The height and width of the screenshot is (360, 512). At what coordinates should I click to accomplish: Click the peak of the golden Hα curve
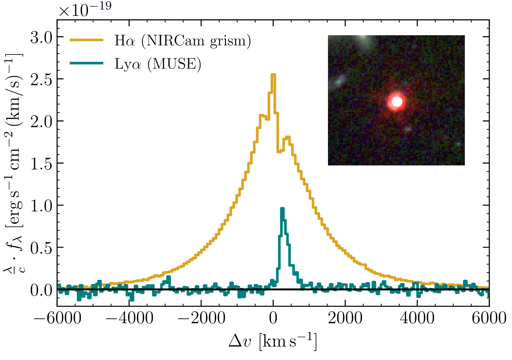click(x=273, y=75)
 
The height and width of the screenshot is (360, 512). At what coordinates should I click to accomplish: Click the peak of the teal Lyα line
click(x=282, y=209)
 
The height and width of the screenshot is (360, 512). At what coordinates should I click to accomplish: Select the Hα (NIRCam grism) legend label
click(x=183, y=41)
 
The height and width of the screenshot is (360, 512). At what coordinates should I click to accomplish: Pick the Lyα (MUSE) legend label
click(x=158, y=64)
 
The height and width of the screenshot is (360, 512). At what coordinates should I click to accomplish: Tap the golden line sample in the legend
click(x=87, y=40)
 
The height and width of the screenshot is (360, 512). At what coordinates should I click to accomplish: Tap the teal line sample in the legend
click(x=87, y=63)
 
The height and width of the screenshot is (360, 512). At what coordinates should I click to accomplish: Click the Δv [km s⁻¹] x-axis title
click(x=273, y=341)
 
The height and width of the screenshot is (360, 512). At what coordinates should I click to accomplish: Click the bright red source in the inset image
click(x=397, y=102)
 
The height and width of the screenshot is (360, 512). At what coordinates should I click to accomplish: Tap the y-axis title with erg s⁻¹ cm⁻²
click(x=14, y=162)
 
